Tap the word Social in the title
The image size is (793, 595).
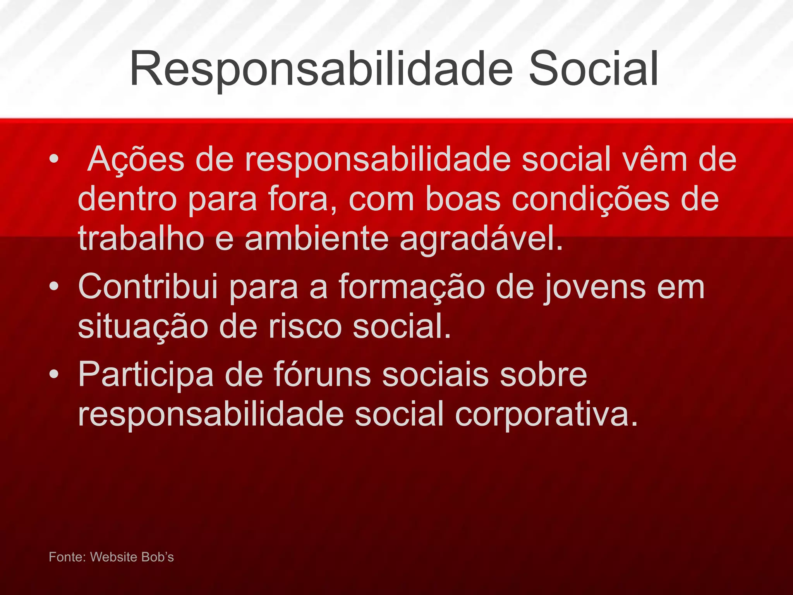click(593, 69)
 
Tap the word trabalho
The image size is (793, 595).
click(141, 239)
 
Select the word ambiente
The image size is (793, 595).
click(316, 239)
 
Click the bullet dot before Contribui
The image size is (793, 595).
click(54, 287)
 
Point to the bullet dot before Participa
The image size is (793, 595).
click(54, 374)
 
